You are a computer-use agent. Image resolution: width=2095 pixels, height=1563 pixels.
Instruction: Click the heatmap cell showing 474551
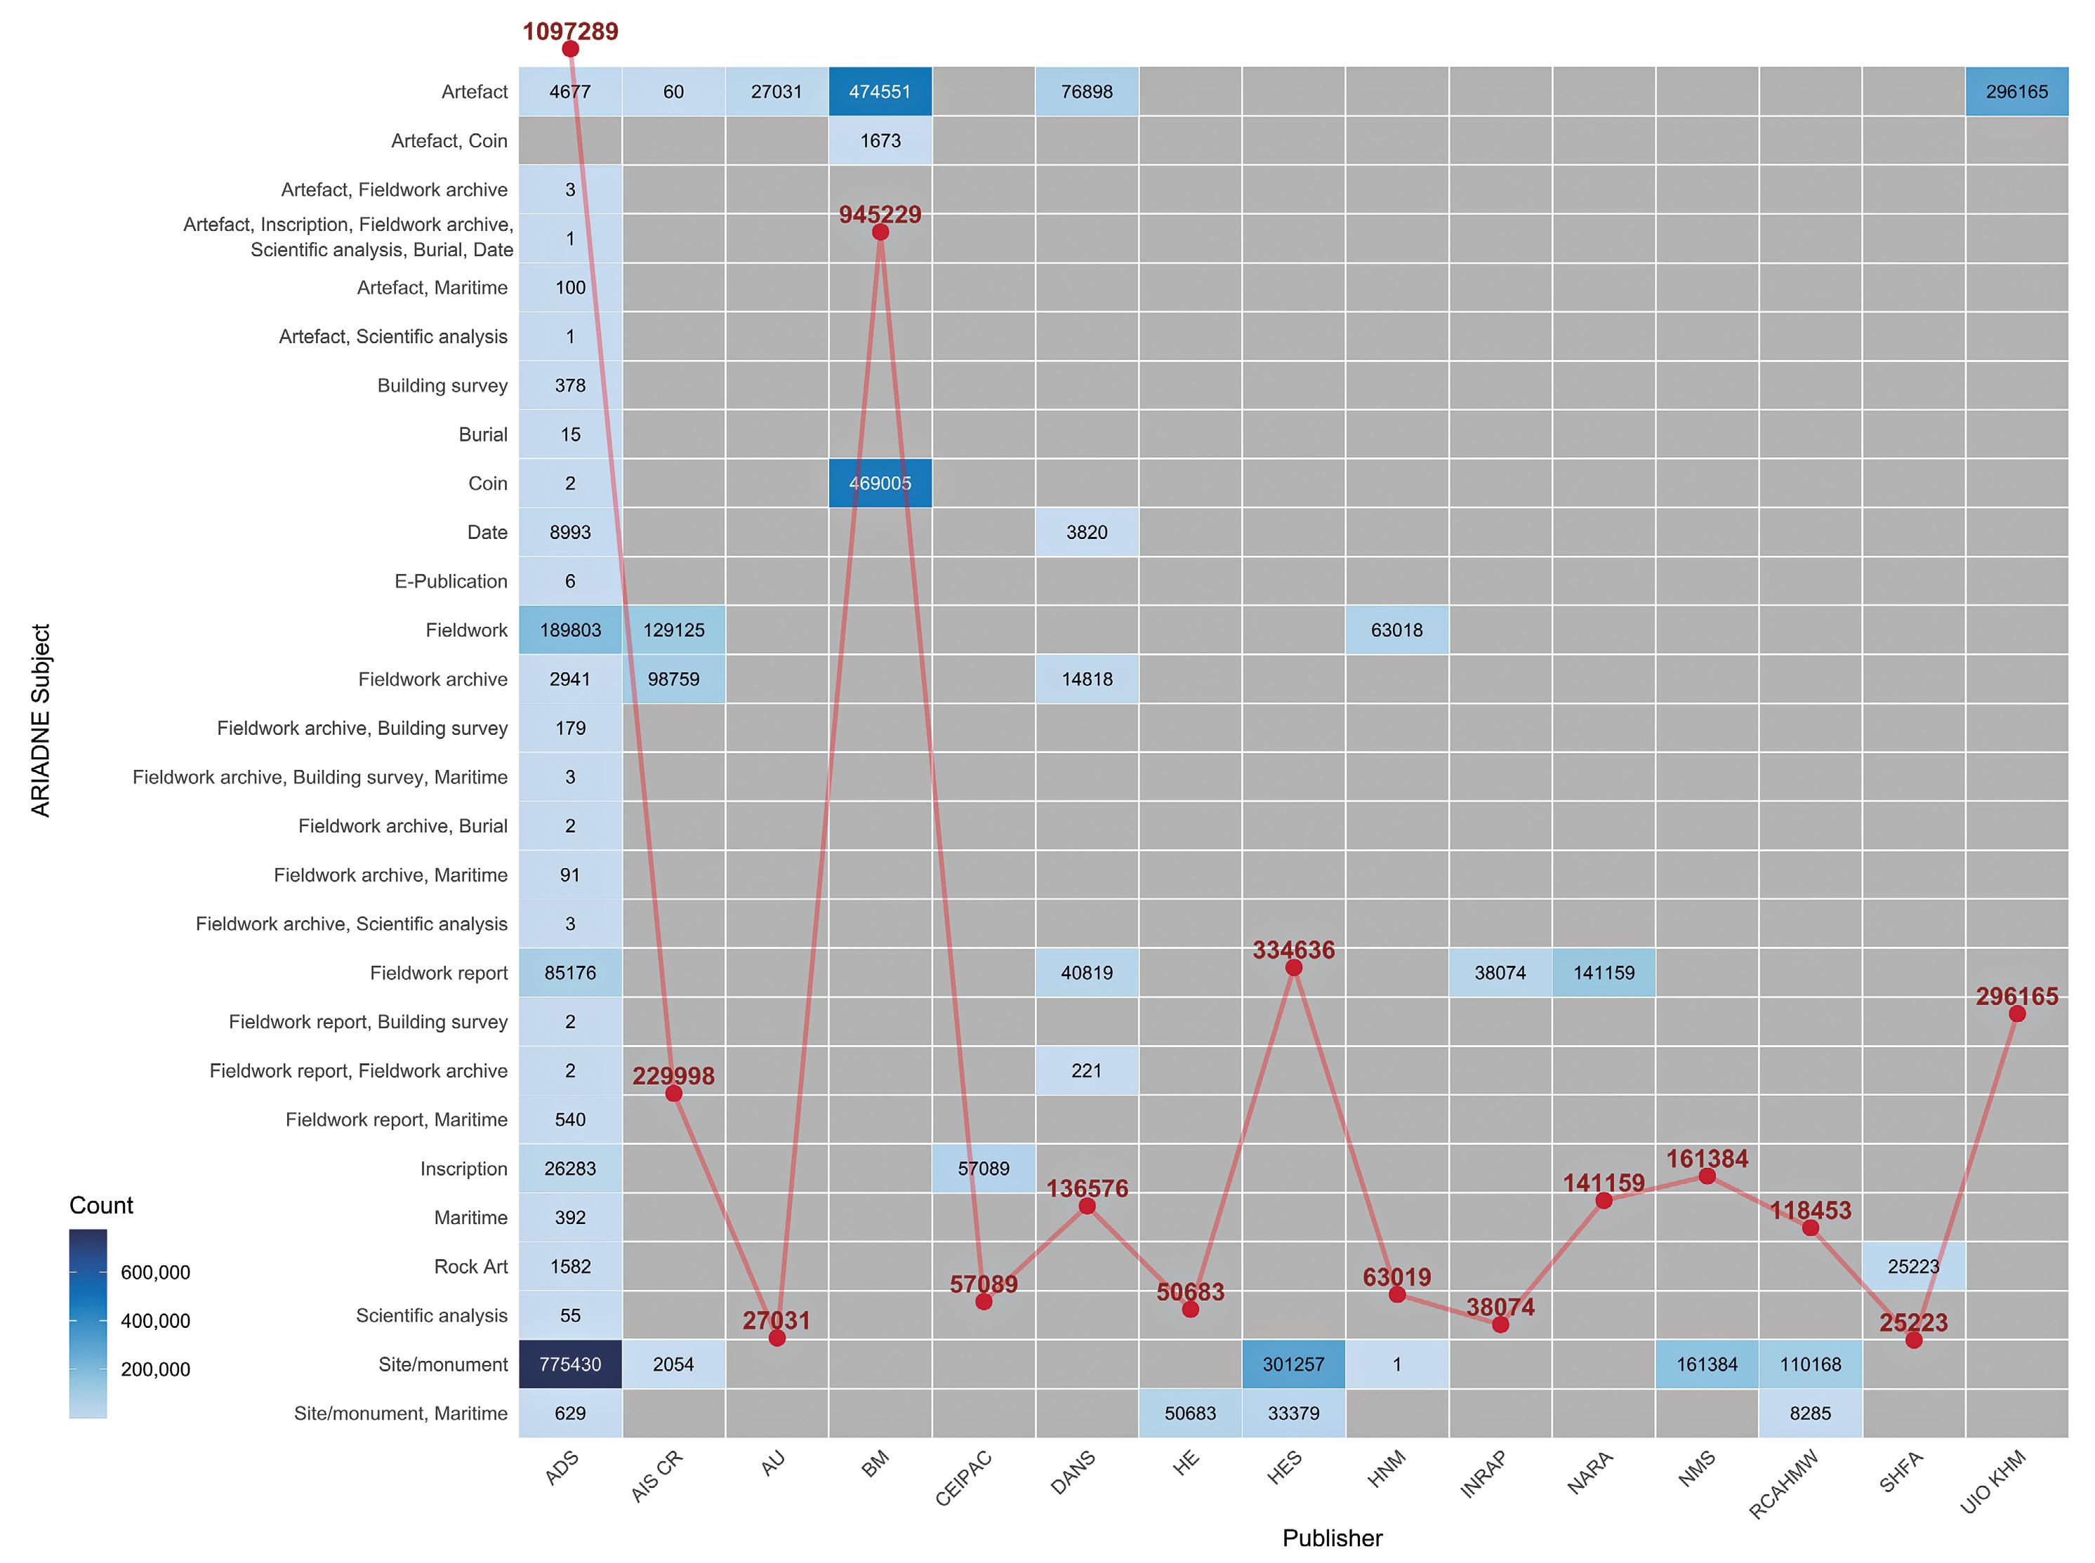[879, 92]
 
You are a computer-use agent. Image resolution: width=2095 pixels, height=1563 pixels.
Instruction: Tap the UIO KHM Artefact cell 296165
[2016, 92]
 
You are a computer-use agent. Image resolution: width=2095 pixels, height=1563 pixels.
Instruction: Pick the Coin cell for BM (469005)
[879, 483]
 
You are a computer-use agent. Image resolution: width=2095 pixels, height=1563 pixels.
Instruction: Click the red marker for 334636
[1293, 967]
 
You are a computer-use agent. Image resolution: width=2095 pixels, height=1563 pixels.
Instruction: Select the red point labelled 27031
[777, 1338]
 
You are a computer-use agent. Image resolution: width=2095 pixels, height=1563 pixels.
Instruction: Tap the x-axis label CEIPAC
[964, 1478]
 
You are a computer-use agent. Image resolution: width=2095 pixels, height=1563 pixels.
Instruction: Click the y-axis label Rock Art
[470, 1266]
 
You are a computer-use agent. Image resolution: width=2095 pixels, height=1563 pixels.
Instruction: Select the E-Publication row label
[451, 581]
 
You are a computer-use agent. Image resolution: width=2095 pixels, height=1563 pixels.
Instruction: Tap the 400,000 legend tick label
[155, 1321]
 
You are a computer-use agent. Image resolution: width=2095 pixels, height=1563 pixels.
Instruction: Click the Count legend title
[101, 1205]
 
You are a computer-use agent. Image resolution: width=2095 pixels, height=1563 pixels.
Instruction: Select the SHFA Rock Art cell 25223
[1912, 1266]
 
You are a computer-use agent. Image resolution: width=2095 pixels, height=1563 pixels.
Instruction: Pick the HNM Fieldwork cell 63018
[1396, 630]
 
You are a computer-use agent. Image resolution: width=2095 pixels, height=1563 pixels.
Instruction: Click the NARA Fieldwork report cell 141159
[1603, 973]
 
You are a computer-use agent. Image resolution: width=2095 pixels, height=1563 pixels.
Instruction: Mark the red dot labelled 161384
[1707, 1176]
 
